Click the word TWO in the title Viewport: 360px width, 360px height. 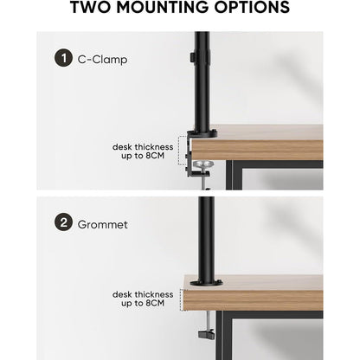[91, 7]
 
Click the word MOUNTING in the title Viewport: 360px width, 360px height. [163, 7]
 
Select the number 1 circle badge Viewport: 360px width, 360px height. [63, 58]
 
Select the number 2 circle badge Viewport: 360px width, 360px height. [63, 222]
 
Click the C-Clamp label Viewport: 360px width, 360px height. [102, 60]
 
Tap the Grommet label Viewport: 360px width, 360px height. [102, 224]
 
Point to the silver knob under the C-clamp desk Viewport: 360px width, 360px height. [204, 164]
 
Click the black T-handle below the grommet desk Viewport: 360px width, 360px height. [206, 334]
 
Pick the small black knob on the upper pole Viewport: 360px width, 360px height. [192, 57]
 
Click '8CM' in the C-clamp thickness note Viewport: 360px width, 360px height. [155, 156]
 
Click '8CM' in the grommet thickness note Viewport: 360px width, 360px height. [155, 303]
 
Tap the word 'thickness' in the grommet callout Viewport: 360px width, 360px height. [154, 294]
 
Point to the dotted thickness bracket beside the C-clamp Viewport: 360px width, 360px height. [179, 151]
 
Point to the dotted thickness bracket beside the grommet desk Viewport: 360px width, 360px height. [181, 300]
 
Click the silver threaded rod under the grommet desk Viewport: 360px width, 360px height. [209, 320]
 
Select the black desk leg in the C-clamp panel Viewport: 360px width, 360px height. [229, 175]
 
